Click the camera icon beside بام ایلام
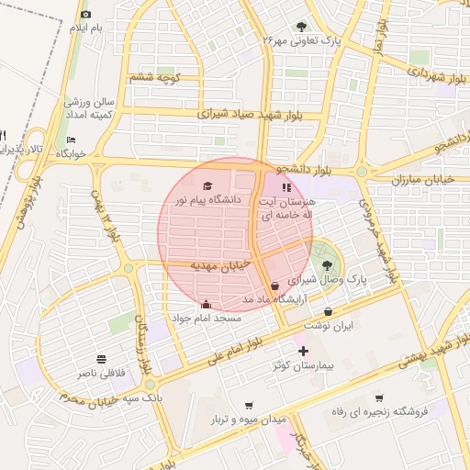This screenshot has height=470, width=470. tap(86, 15)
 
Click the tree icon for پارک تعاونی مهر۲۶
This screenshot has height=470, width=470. tap(302, 27)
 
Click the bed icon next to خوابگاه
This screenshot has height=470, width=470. tap(71, 140)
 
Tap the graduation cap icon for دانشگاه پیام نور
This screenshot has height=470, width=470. tap(206, 185)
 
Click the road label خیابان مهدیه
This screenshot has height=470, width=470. tap(220, 264)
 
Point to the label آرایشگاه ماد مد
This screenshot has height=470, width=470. tap(273, 299)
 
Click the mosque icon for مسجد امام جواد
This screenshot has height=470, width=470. tap(206, 304)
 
